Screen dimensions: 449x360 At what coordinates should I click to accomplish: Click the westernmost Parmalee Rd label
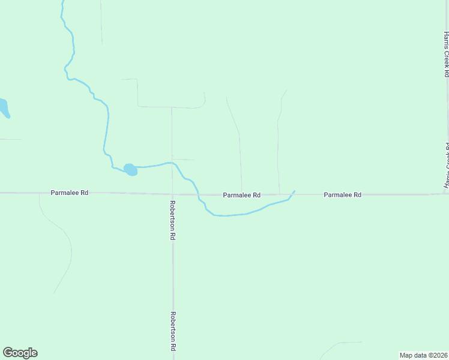[70, 193]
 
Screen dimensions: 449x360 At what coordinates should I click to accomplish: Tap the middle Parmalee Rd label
[241, 195]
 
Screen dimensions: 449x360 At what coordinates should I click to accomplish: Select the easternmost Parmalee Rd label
[342, 195]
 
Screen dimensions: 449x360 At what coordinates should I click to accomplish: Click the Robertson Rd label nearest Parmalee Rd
[172, 220]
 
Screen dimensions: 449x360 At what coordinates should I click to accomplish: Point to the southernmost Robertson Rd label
[172, 331]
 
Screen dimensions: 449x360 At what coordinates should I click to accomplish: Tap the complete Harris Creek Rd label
[446, 54]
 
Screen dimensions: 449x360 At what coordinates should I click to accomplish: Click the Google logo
[20, 353]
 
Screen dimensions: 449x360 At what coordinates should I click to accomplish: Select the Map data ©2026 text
[423, 355]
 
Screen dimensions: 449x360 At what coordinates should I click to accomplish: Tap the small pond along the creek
[130, 170]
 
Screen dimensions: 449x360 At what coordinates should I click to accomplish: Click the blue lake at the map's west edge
[3, 108]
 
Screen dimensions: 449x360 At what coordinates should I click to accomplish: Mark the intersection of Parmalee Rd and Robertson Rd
[172, 193]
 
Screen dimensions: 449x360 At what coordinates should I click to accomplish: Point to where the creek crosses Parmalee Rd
[199, 194]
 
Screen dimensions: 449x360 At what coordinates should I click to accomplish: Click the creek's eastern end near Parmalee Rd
[294, 191]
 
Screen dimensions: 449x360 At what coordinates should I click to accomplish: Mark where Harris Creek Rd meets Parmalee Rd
[447, 193]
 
